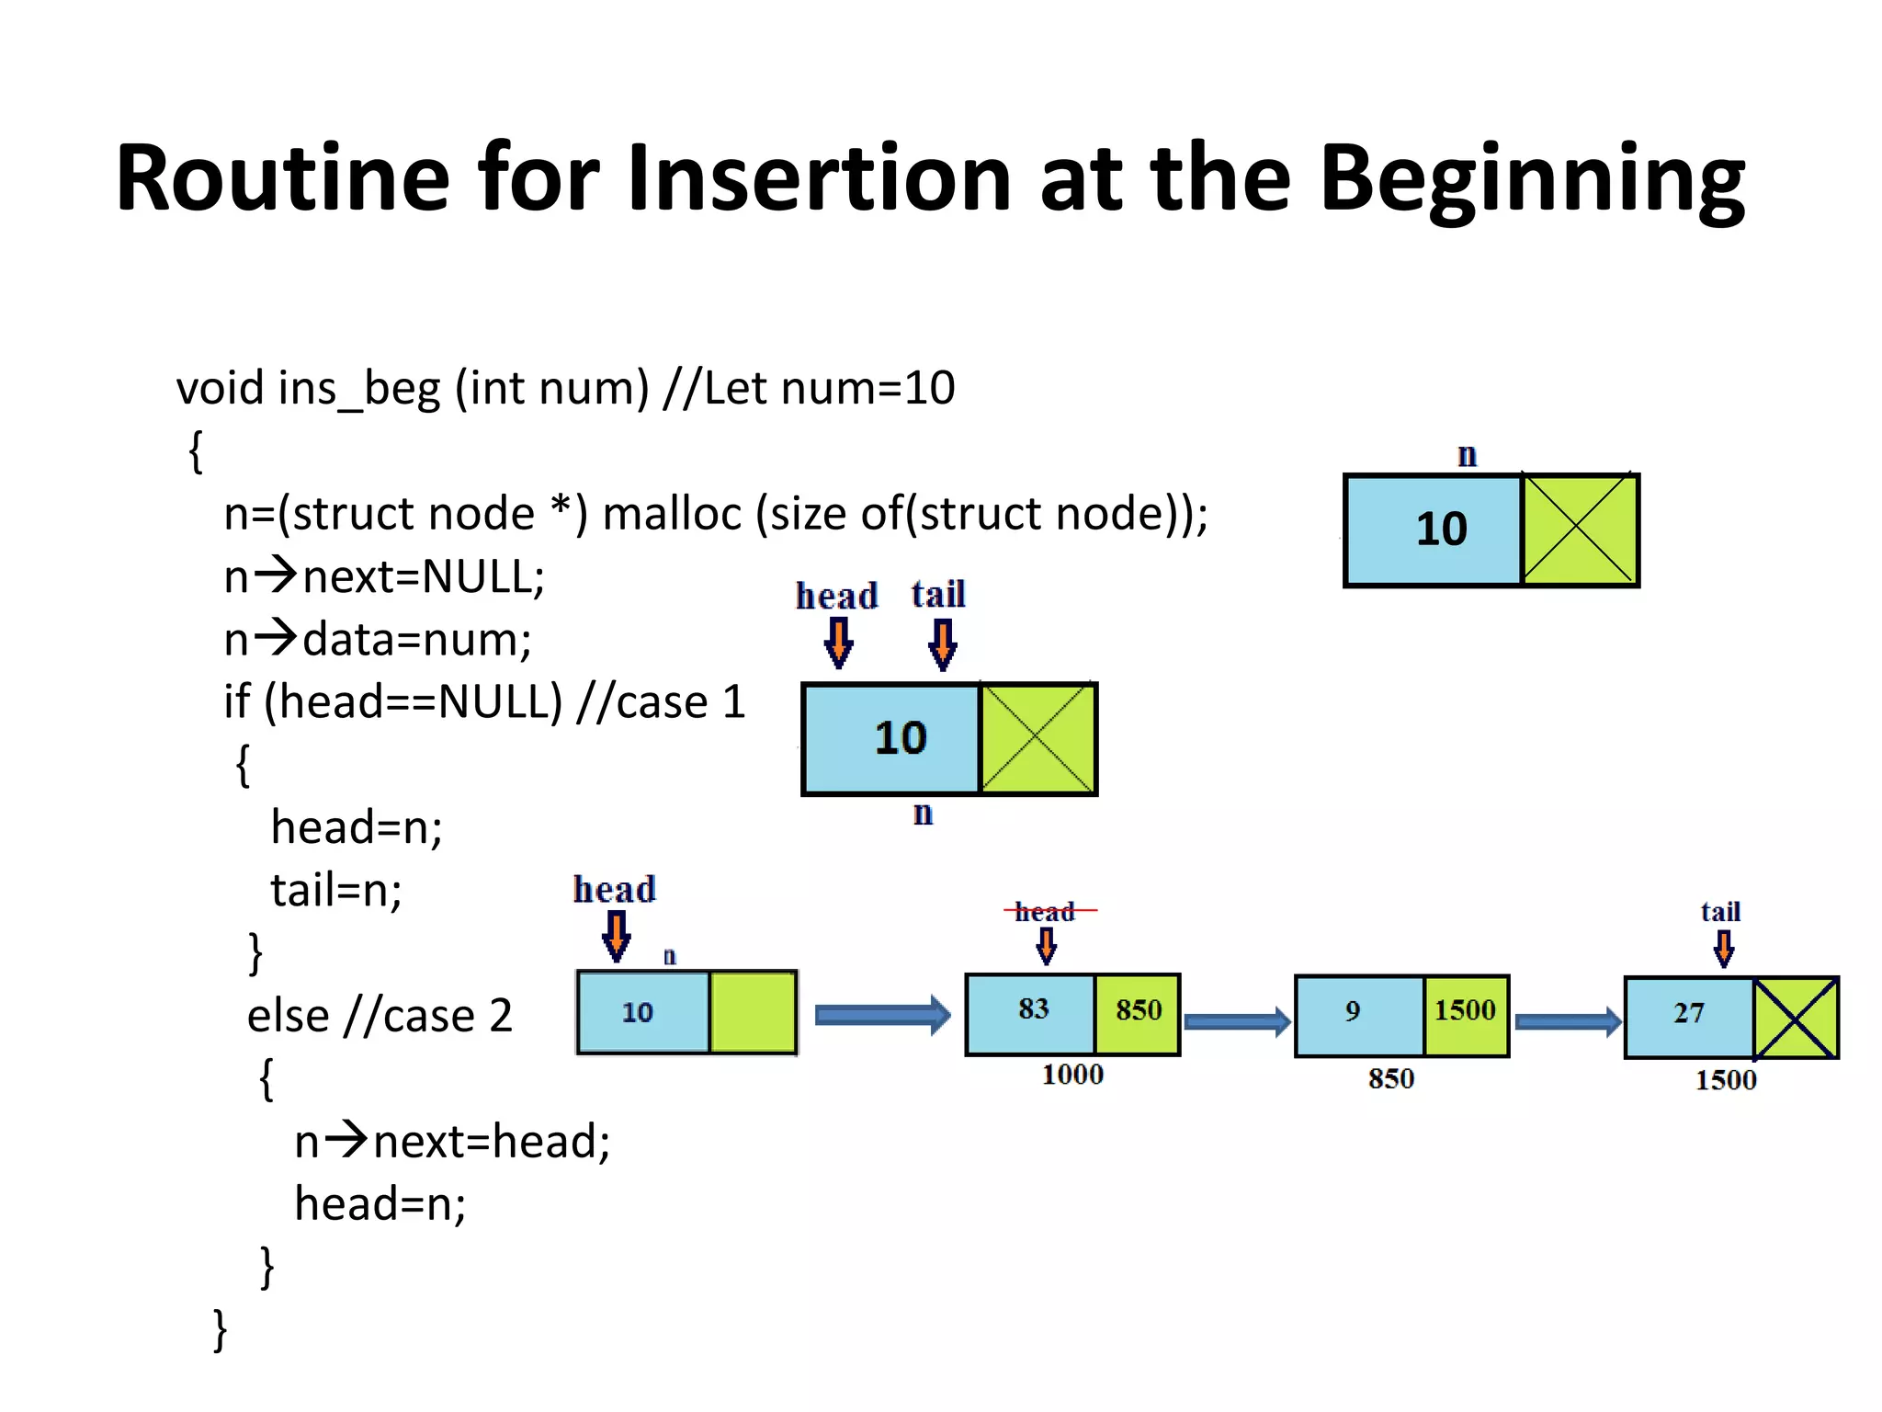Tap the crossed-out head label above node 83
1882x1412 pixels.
1046,912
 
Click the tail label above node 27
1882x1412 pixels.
1720,912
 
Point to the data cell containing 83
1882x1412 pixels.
1032,1011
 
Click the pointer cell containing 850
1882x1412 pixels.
1138,1011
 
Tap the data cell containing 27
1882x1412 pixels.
1689,1015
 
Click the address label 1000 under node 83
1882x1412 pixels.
1072,1074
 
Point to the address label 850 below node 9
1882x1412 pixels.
1390,1078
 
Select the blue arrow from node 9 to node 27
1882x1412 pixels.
1568,1021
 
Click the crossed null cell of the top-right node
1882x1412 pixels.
1579,529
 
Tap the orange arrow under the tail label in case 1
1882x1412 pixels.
943,643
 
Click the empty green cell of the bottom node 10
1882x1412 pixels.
753,1012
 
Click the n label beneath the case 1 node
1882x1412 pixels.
923,814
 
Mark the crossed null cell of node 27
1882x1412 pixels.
1796,1018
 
